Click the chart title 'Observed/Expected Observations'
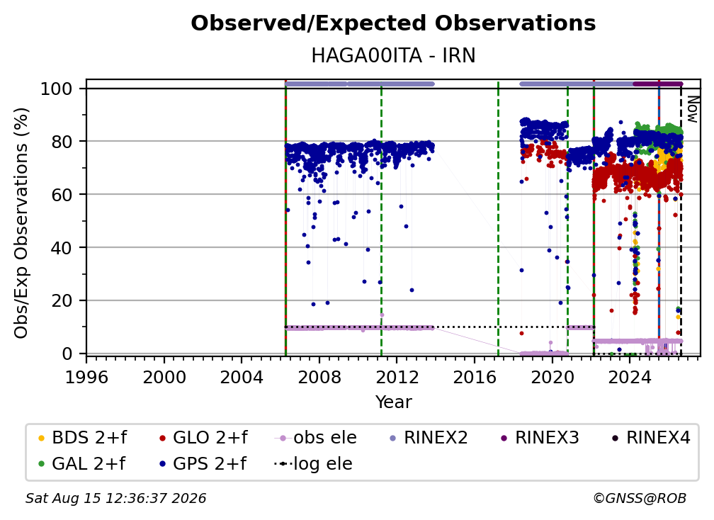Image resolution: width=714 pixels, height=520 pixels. click(x=393, y=23)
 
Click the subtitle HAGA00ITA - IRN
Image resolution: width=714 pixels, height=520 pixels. click(x=393, y=55)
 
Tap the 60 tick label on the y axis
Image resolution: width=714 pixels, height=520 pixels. click(x=62, y=195)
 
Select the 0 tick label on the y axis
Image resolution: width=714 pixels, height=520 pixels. click(x=67, y=354)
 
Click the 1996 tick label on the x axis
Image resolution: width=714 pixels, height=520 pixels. click(x=86, y=377)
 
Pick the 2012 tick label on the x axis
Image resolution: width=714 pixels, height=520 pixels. click(x=397, y=377)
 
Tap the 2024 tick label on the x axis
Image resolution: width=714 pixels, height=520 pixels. click(x=629, y=377)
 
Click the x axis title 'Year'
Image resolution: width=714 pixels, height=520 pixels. click(x=393, y=402)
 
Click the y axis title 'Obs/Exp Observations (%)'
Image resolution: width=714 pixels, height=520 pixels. click(x=21, y=223)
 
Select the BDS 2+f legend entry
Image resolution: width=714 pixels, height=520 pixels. click(x=82, y=438)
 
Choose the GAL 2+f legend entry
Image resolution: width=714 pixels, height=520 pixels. click(x=81, y=463)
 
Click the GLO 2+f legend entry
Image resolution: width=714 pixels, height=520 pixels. click(x=203, y=438)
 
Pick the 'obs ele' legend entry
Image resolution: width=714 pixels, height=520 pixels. click(x=315, y=438)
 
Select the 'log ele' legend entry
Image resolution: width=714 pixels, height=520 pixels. click(x=313, y=463)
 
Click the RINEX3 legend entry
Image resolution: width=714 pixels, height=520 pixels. click(x=540, y=438)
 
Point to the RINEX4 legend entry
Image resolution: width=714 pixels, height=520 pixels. click(x=651, y=438)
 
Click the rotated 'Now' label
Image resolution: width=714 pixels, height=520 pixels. click(x=692, y=109)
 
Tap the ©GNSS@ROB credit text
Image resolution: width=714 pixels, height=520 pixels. click(x=640, y=499)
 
